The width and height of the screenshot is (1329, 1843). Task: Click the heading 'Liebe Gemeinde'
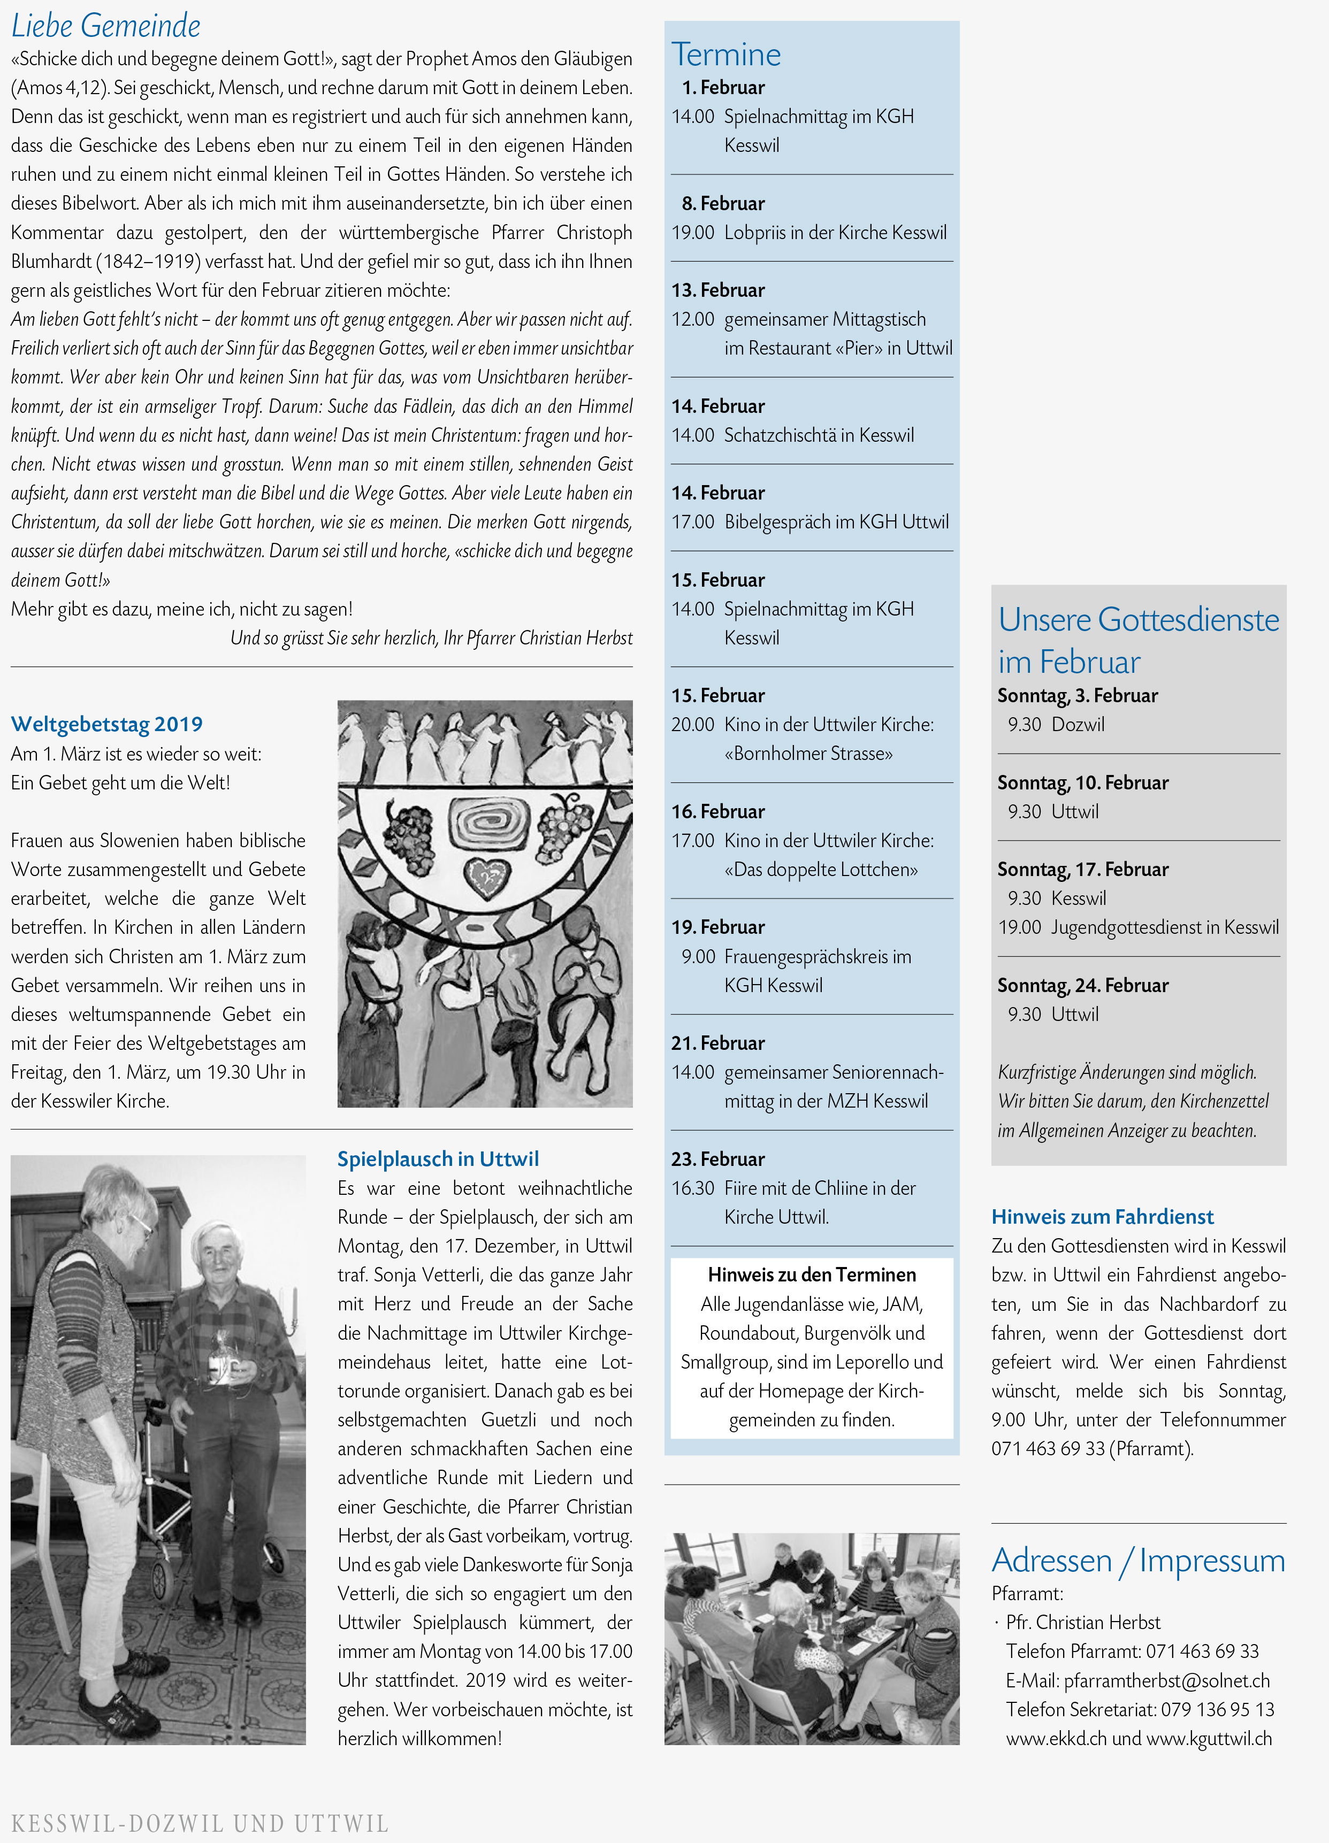[106, 26]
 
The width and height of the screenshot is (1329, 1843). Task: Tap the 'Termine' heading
[726, 55]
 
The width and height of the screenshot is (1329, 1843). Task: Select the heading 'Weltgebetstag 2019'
[106, 724]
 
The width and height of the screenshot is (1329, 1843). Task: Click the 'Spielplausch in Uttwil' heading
[438, 1159]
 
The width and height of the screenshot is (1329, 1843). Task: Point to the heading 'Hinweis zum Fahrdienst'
[1102, 1217]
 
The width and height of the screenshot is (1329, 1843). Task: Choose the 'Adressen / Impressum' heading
[1138, 1560]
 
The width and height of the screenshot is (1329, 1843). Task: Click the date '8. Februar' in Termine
[723, 203]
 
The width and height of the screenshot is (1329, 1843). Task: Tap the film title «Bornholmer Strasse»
[809, 753]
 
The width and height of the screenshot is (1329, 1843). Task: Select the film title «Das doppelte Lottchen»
[821, 870]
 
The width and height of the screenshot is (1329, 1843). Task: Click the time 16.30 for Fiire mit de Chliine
[692, 1188]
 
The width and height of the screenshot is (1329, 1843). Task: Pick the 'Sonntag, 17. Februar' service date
[1083, 870]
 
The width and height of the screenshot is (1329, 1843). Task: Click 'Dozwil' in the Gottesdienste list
[1078, 724]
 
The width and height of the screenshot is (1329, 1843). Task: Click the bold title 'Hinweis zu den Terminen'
[811, 1274]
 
